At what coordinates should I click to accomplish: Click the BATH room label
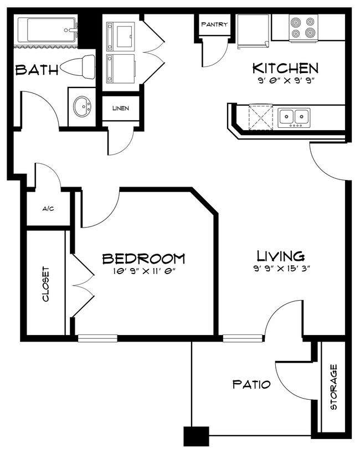pos(37,70)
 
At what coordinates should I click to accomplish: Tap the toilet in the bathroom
pos(78,67)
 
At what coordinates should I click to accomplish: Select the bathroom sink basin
pos(82,106)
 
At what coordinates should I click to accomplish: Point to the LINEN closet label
pos(121,109)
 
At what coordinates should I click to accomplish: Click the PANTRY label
pos(214,24)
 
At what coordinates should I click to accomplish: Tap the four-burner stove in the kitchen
pos(304,28)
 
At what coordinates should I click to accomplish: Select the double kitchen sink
pos(294,117)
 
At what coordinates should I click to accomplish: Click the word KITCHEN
pos(285,68)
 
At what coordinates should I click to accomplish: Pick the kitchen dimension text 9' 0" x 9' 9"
pos(286,81)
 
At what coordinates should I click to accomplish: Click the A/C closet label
pos(48,209)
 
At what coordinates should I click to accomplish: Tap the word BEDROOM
pos(143,258)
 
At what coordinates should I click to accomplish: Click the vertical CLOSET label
pos(46,285)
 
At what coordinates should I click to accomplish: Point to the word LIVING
pos(281,256)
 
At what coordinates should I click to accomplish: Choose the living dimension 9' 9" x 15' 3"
pos(281,269)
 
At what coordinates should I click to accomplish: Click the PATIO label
pos(251,384)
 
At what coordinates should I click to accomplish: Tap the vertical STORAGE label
pos(333,387)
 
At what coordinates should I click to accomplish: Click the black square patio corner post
pos(197,436)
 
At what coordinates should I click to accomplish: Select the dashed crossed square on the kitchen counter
pos(261,117)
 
